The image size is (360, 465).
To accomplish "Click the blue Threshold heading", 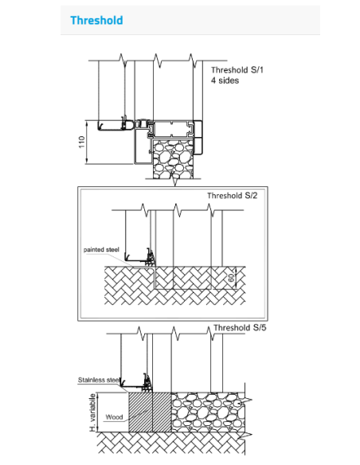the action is click(x=96, y=20).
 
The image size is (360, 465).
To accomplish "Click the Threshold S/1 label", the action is click(x=237, y=70).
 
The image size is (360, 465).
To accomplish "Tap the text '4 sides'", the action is click(x=225, y=80).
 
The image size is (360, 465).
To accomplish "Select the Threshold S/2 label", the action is click(x=233, y=195).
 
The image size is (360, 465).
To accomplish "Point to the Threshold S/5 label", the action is click(x=240, y=327).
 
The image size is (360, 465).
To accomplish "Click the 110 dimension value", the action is click(x=81, y=142).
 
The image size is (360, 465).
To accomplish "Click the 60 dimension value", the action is click(x=231, y=278).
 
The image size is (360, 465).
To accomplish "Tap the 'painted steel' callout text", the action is click(x=101, y=249).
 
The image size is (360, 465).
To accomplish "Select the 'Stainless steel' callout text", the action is click(x=99, y=380).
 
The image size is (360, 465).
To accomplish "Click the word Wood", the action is click(x=114, y=416).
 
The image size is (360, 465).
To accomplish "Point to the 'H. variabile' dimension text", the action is click(x=93, y=412).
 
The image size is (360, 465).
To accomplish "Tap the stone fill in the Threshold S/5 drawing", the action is click(x=208, y=412).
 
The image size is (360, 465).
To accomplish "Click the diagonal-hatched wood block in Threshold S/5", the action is click(x=150, y=412).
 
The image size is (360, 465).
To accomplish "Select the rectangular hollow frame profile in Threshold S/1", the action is click(x=171, y=129).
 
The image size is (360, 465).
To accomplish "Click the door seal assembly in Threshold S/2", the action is click(x=151, y=257).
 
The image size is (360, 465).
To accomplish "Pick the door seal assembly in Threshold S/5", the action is click(x=147, y=382).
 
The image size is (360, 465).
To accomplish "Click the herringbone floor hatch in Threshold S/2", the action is click(x=175, y=285).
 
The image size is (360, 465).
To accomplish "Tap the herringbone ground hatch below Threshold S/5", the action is click(x=171, y=443).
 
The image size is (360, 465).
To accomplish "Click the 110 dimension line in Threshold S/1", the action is click(x=87, y=142).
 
